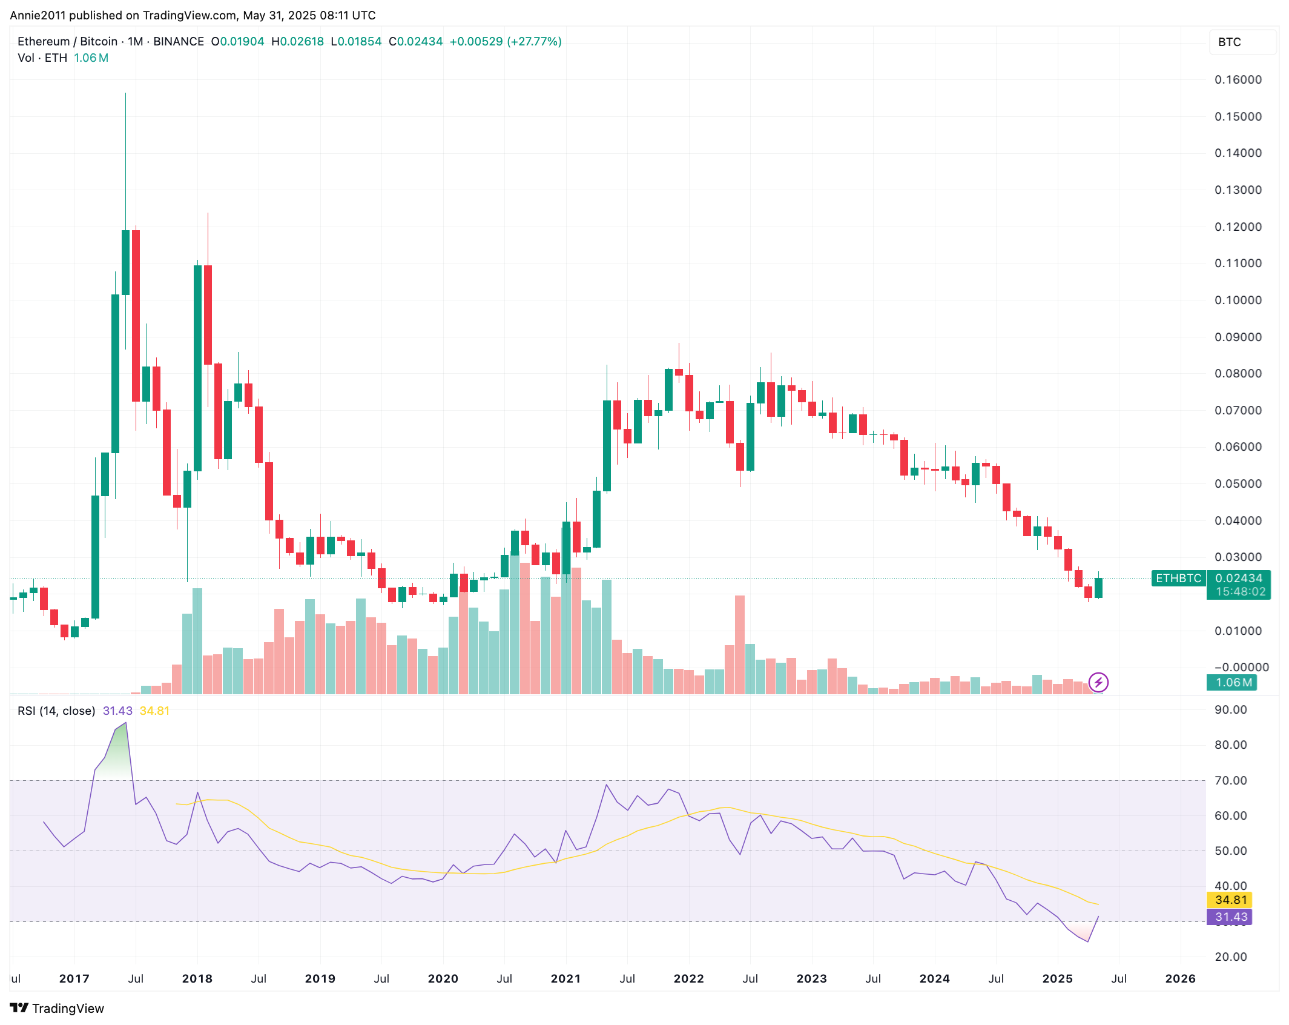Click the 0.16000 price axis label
tap(1238, 80)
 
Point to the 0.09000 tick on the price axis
tap(1238, 337)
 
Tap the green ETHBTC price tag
tap(1178, 579)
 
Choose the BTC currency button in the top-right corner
tap(1229, 42)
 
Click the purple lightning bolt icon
tap(1098, 683)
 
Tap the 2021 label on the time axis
tap(565, 978)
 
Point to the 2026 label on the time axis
tap(1180, 978)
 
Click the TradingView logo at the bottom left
tap(57, 1008)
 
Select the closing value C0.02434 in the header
tap(415, 42)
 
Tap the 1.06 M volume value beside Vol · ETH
tap(91, 58)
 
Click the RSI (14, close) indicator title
tap(56, 711)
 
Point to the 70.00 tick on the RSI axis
tap(1230, 781)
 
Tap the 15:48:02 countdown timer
tap(1240, 592)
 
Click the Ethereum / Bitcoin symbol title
tap(67, 42)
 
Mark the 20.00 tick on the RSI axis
tap(1230, 957)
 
